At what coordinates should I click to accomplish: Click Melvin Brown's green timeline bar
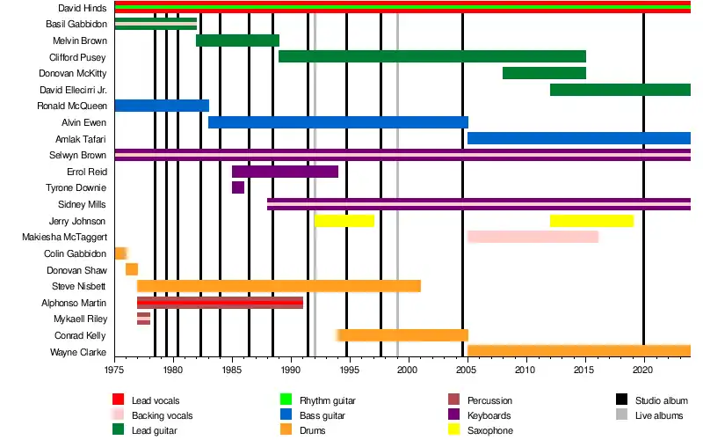click(x=237, y=40)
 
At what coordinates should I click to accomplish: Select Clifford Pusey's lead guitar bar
click(x=431, y=56)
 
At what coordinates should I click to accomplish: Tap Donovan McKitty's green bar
click(x=544, y=73)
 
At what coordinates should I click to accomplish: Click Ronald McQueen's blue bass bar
click(x=162, y=106)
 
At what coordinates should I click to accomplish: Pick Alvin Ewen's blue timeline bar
click(x=337, y=122)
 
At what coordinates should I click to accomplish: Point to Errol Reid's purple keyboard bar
click(x=285, y=172)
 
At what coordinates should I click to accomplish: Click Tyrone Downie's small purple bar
click(x=238, y=187)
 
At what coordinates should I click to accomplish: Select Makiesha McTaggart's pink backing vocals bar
click(x=533, y=237)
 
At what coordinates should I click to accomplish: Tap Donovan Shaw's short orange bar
click(x=132, y=269)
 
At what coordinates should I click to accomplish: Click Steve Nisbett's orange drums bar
click(x=279, y=286)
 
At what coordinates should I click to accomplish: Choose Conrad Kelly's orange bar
click(x=404, y=335)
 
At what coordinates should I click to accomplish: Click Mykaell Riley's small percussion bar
click(x=143, y=319)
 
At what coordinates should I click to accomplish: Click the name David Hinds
click(x=83, y=8)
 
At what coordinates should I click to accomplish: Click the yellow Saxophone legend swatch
click(x=454, y=430)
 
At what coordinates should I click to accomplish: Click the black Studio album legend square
click(x=621, y=400)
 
